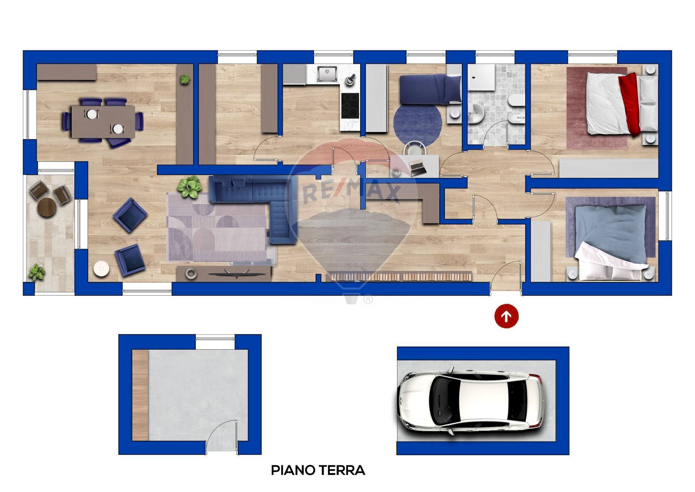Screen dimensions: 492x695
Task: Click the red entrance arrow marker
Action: [x=506, y=316]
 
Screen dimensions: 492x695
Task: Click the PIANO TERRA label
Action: [x=318, y=470]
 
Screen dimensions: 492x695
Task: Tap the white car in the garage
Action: [x=471, y=400]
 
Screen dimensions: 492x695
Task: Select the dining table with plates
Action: [x=103, y=121]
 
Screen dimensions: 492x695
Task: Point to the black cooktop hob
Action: [x=350, y=106]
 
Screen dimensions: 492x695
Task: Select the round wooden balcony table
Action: [x=47, y=207]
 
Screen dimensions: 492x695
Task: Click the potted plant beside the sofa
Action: [x=189, y=186]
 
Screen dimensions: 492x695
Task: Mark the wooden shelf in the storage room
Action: [x=140, y=395]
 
